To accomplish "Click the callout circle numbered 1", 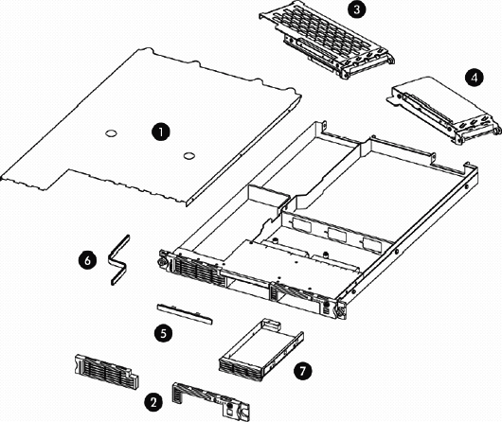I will click(163, 132).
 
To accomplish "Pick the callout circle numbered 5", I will click(164, 332).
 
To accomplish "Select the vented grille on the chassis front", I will click(191, 273).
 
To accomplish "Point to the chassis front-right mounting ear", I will click(333, 308).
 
